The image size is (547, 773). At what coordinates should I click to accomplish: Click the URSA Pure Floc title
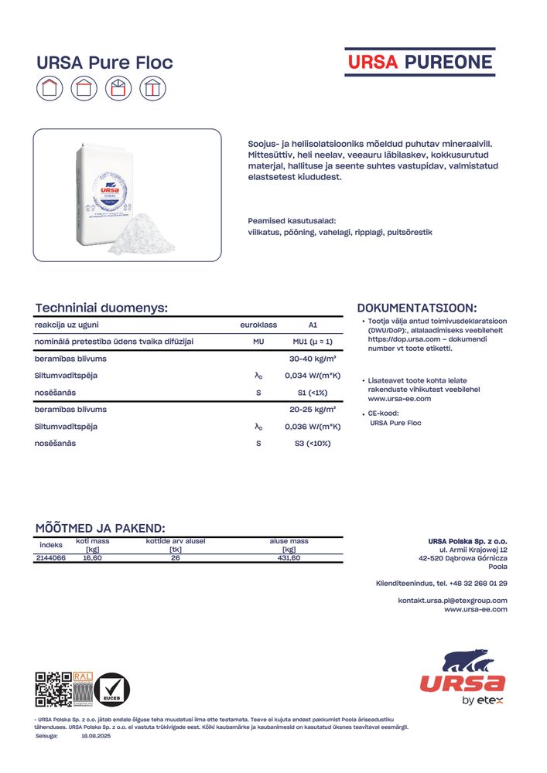pyautogui.click(x=105, y=63)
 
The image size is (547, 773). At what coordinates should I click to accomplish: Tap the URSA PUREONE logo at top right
pyautogui.click(x=419, y=62)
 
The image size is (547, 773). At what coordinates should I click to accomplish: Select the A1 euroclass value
pyautogui.click(x=313, y=325)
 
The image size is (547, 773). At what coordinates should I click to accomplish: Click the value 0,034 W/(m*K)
pyautogui.click(x=313, y=376)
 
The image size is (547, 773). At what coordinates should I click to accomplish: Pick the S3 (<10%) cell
pyautogui.click(x=313, y=443)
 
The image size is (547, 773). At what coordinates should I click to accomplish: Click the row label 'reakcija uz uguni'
pyautogui.click(x=67, y=325)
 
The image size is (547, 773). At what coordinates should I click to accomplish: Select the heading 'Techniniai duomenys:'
pyautogui.click(x=102, y=308)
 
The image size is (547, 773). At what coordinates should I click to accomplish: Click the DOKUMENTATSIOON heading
pyautogui.click(x=417, y=308)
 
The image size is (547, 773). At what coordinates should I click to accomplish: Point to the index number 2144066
pyautogui.click(x=51, y=558)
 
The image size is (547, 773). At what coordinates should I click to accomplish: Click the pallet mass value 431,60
pyautogui.click(x=289, y=558)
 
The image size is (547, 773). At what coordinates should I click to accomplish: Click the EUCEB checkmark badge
pyautogui.click(x=112, y=690)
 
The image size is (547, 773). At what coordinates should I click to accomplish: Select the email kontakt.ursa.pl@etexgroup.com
pyautogui.click(x=453, y=600)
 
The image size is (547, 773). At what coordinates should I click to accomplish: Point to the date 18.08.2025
pyautogui.click(x=97, y=737)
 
